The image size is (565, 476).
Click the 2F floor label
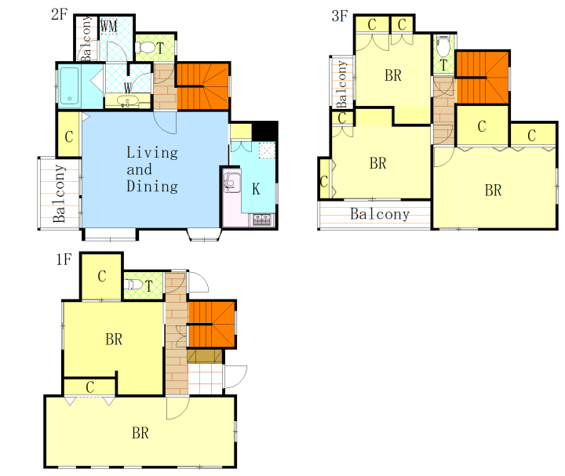[60, 14]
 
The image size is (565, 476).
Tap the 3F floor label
[340, 16]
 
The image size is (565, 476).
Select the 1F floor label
[64, 260]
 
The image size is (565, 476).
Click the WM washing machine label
[108, 27]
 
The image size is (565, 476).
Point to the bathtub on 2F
[70, 86]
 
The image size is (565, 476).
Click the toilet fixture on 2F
[145, 47]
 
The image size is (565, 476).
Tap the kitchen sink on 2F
[231, 182]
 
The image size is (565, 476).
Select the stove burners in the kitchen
[262, 219]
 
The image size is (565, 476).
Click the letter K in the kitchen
[256, 189]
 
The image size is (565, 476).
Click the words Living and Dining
[152, 169]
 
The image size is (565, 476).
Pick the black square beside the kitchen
[264, 132]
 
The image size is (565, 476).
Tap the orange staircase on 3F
[482, 78]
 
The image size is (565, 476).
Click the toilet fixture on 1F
[133, 285]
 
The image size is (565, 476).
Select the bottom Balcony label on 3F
[380, 214]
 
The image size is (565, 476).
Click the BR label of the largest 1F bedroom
[140, 433]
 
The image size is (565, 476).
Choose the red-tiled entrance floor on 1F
[205, 379]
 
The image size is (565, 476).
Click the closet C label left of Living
[69, 136]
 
